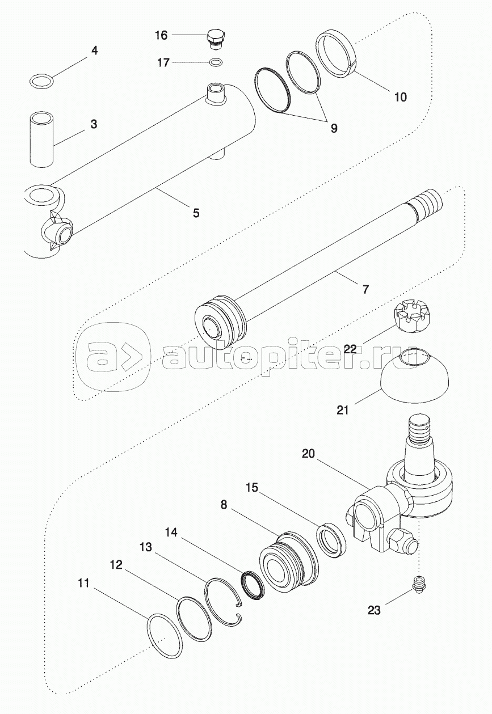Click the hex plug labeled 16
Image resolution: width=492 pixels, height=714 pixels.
[x=215, y=39]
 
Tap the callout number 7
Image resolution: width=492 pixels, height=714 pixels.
[x=365, y=289]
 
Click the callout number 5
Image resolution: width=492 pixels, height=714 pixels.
[x=196, y=213]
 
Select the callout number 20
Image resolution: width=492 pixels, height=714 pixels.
[x=308, y=453]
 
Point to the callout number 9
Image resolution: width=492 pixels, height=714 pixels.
[x=334, y=129]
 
